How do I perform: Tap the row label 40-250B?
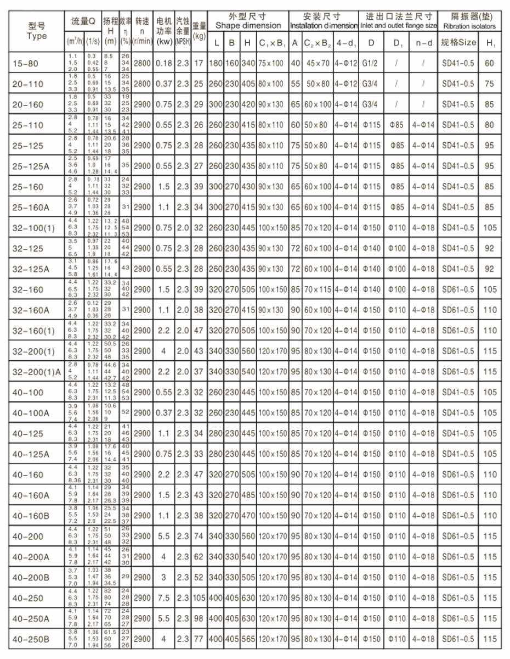click(31, 639)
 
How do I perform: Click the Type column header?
click(37, 31)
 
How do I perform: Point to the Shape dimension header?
click(248, 26)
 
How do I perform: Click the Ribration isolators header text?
click(468, 26)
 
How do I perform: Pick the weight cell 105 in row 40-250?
click(199, 597)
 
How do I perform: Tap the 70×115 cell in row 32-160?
click(318, 289)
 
